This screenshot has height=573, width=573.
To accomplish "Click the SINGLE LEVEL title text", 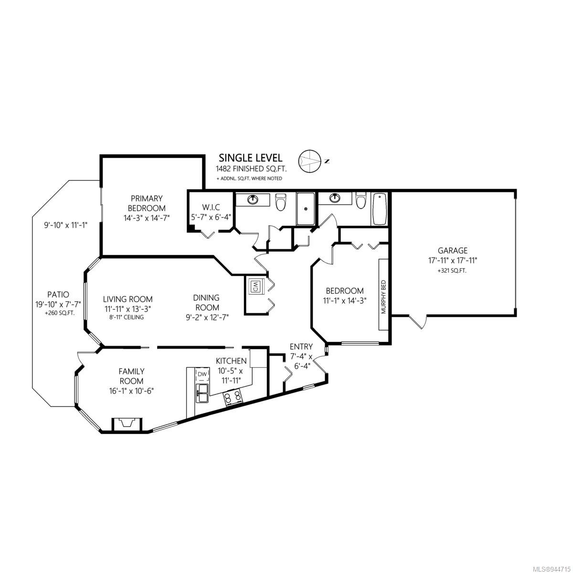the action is (x=250, y=158).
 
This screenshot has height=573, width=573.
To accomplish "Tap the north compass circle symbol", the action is (x=309, y=161).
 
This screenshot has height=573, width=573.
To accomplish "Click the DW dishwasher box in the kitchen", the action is (x=202, y=376).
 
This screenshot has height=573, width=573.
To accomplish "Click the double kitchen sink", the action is (x=202, y=393).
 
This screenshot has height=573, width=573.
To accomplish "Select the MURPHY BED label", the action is (x=383, y=297).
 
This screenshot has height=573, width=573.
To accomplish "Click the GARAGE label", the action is (x=452, y=250).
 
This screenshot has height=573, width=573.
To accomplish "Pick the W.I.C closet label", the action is (x=211, y=207).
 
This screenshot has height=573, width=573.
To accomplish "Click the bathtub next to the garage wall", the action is (x=379, y=209).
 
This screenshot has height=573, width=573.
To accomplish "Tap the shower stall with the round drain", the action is (x=306, y=209).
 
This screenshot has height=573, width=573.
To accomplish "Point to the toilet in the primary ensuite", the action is (x=280, y=202).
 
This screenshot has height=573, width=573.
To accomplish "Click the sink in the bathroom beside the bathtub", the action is (x=335, y=197).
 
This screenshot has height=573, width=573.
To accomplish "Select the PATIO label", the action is (x=58, y=295).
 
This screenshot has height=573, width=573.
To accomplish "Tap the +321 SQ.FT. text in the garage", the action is (x=452, y=271).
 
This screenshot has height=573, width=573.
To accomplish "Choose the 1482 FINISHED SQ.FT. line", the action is (x=251, y=169).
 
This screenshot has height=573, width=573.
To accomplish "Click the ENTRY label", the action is (x=301, y=346).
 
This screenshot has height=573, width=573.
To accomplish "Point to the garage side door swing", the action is (x=418, y=321).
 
